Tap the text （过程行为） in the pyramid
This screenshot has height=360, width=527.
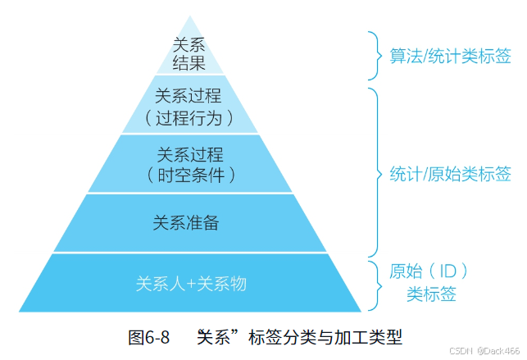click(x=189, y=118)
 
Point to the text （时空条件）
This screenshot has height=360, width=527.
click(x=190, y=174)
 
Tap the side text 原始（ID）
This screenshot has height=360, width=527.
click(x=432, y=271)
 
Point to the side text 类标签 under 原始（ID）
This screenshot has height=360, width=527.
click(x=432, y=294)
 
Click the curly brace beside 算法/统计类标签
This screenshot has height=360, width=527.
click(x=374, y=56)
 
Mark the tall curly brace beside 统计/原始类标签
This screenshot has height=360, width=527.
click(x=374, y=173)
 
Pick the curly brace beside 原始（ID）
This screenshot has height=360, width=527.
click(x=374, y=283)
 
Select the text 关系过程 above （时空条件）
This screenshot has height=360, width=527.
click(x=189, y=153)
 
